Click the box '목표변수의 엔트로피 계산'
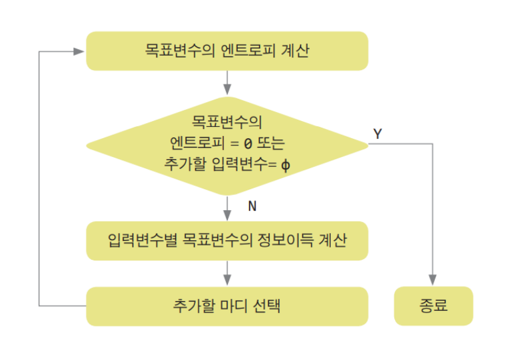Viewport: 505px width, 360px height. coord(227,51)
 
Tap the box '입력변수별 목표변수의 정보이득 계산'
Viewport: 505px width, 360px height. coord(227,240)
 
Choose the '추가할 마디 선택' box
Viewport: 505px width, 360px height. coord(227,306)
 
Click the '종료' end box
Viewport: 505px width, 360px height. coord(433,306)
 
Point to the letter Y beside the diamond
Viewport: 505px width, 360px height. coord(378,134)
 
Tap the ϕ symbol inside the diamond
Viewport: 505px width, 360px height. coord(285,164)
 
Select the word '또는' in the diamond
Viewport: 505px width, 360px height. coord(271,143)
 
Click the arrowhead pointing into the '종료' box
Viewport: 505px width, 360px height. coord(433,281)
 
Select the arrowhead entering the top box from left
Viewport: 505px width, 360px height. coord(81,51)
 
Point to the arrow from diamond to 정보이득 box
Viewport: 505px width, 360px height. coord(227,208)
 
